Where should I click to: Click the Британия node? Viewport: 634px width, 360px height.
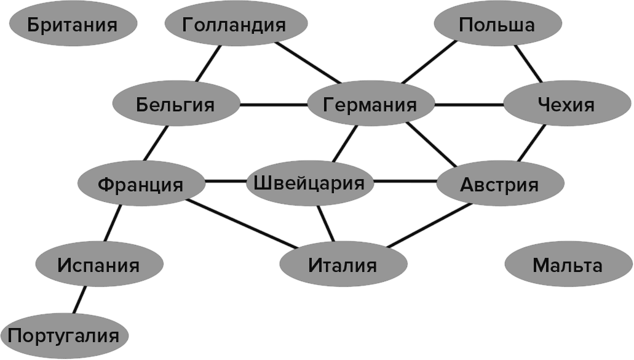click(x=73, y=24)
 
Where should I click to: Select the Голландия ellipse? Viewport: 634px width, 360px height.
click(x=236, y=23)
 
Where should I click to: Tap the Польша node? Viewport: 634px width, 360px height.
click(x=497, y=23)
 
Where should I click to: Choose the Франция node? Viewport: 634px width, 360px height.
click(x=141, y=183)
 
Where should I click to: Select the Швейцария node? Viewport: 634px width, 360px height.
click(x=310, y=183)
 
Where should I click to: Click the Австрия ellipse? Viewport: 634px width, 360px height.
click(x=500, y=183)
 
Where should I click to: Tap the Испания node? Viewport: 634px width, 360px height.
click(x=99, y=264)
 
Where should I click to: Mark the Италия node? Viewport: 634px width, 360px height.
click(x=343, y=264)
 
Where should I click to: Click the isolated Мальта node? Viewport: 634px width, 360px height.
click(x=568, y=264)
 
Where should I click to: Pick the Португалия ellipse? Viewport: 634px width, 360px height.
click(x=65, y=336)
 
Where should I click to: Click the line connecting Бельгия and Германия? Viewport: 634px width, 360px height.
click(x=274, y=105)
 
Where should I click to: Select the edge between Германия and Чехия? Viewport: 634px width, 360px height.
click(x=469, y=105)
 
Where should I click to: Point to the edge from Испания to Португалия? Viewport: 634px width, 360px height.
click(x=79, y=300)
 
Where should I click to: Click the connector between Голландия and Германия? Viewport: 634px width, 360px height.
click(x=309, y=63)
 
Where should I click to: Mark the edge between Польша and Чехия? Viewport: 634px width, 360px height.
click(x=528, y=63)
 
